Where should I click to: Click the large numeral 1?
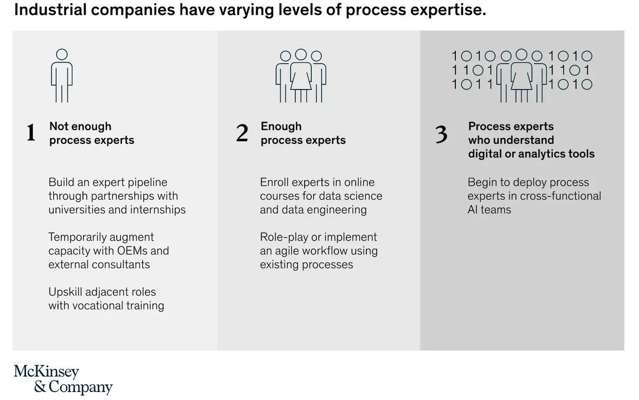(31, 133)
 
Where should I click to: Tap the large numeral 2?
(242, 133)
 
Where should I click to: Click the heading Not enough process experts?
(91, 133)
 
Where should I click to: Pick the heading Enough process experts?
(303, 133)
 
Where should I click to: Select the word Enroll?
(275, 183)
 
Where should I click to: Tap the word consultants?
(121, 265)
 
